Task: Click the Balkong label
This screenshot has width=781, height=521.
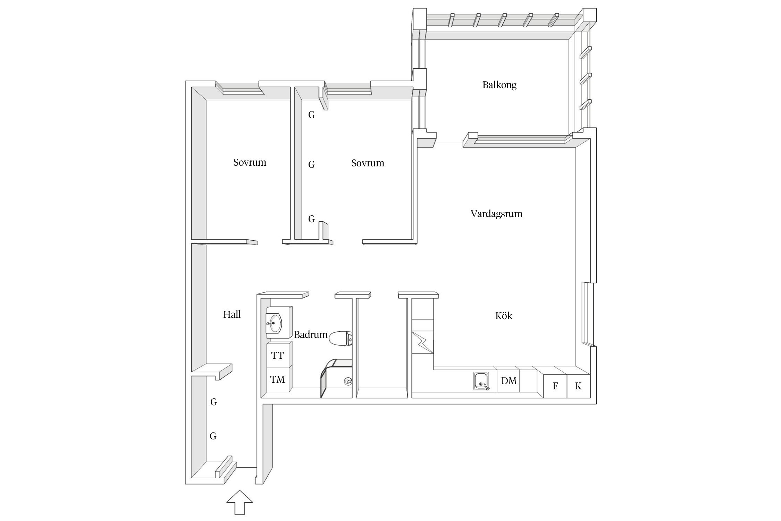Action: pos(499,85)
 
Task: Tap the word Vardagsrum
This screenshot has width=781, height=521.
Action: pos(496,214)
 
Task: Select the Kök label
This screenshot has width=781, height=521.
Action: pos(504,316)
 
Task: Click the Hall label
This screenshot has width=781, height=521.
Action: pos(232,314)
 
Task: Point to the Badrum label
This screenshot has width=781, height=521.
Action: pos(311,334)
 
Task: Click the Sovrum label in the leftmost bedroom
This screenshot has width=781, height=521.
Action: pos(250,163)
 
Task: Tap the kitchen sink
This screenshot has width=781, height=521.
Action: pos(481,381)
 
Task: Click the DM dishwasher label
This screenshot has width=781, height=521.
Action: pos(509,381)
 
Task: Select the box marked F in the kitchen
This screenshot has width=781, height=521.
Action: pos(555,386)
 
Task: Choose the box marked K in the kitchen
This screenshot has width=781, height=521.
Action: pos(578,386)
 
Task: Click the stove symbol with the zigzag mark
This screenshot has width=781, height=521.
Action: pos(423,342)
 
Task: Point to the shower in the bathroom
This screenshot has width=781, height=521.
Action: pos(336,378)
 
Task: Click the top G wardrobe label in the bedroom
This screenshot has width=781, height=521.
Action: pos(311,115)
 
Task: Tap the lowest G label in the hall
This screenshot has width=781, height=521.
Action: pos(213,436)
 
